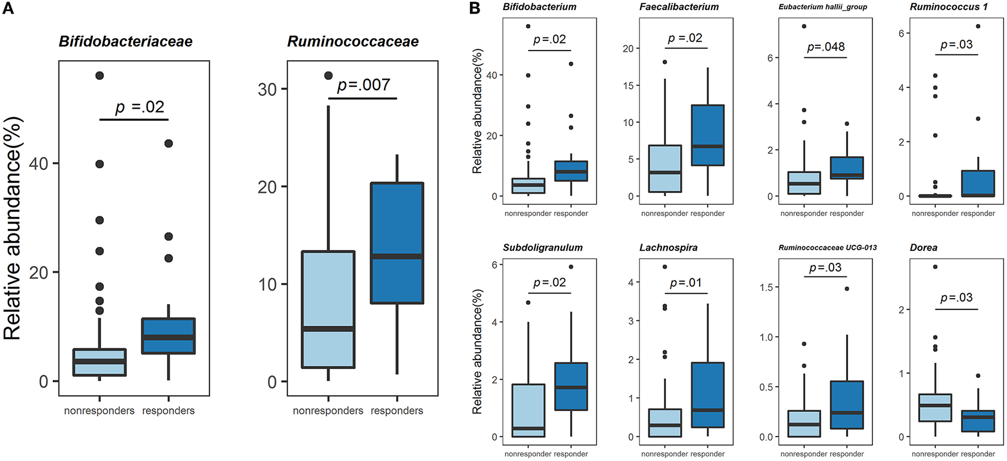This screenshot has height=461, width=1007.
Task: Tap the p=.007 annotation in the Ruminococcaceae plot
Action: [x=364, y=85]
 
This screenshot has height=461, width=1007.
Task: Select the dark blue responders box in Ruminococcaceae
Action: [x=397, y=243]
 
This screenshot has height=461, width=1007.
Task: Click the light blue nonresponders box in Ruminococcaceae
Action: [x=328, y=309]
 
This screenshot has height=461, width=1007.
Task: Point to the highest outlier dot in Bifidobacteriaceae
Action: [x=99, y=76]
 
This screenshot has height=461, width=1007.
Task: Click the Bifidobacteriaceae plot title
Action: [x=126, y=41]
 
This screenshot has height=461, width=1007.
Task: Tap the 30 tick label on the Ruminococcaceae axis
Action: [x=267, y=90]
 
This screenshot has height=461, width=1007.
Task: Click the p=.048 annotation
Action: [x=826, y=47]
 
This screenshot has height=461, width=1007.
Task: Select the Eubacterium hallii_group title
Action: [x=822, y=7]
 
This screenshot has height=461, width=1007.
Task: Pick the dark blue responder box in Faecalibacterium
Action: [x=708, y=135]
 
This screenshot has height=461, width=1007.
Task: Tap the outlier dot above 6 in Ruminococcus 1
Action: [x=977, y=26]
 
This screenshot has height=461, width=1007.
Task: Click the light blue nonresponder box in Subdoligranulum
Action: [x=529, y=410]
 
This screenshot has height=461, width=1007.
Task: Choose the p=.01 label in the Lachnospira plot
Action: [x=685, y=283]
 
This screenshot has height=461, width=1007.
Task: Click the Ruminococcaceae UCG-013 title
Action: [x=819, y=248]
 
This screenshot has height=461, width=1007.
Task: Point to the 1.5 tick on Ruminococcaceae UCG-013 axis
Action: [x=766, y=287]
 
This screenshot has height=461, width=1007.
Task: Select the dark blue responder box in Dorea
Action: [x=977, y=421]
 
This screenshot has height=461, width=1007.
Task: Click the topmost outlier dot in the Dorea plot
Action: [x=935, y=267]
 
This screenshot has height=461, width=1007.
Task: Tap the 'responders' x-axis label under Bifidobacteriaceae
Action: [x=168, y=410]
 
